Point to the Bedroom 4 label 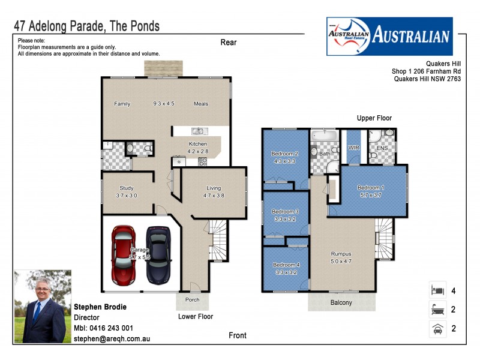coord(286,265)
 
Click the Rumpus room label coord(341,253)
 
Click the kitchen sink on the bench coord(198,131)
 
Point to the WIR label coord(353,147)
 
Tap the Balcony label coord(340,302)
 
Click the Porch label coord(192,299)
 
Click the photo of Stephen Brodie coord(43,307)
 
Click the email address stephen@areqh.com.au coord(112,338)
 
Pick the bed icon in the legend coord(436,290)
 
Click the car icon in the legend coord(436,329)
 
